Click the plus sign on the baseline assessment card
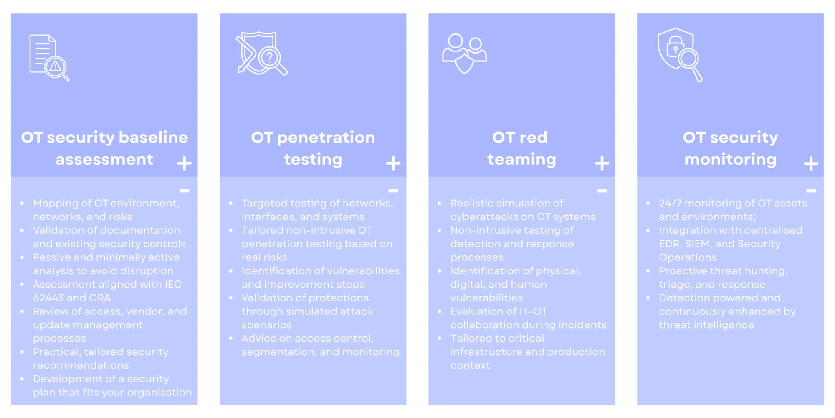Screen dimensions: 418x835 pos(184,163)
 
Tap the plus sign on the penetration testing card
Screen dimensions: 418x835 pos(393,163)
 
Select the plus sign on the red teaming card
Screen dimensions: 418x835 pos(602,163)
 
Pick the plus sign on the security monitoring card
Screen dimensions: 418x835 pos(810,163)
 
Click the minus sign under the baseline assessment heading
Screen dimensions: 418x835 pos(184,191)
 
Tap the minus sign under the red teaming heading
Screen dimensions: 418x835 pos(602,191)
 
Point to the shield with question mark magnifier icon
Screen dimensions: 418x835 pos(262,54)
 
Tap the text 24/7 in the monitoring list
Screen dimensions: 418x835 pos(670,203)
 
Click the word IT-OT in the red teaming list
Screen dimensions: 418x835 pos(531,311)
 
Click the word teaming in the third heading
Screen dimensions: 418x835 pos(521,160)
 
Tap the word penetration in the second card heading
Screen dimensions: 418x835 pos(326,138)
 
